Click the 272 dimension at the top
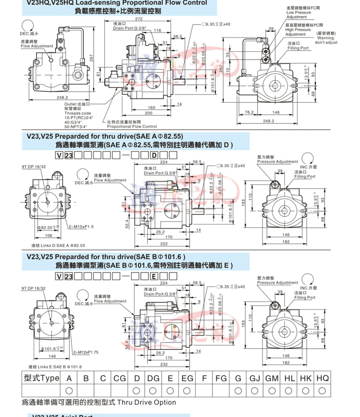(x=139, y=19)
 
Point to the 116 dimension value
(x=157, y=30)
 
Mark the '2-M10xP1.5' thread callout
(x=80, y=226)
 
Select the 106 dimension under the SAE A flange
(x=48, y=236)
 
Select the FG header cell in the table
(x=221, y=378)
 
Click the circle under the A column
(x=69, y=390)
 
